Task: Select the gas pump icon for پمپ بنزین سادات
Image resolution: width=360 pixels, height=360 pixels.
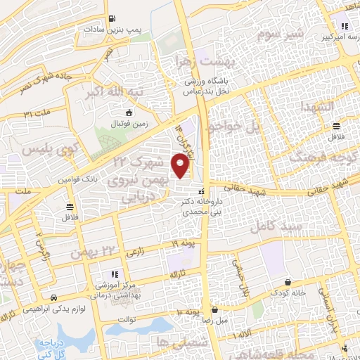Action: pyautogui.click(x=112, y=20)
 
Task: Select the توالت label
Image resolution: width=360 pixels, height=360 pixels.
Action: pyautogui.click(x=131, y=318)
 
